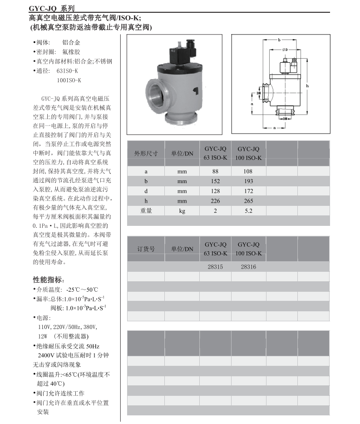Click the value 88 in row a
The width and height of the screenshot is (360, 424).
[x=216, y=172]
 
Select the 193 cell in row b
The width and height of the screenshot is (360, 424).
[x=248, y=181]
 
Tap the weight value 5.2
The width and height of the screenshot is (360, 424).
[x=248, y=211]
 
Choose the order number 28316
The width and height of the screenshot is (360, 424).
[x=248, y=267]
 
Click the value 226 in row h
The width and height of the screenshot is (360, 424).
[x=216, y=201]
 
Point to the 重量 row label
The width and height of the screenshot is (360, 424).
[x=146, y=211]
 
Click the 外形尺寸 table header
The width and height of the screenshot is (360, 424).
[x=146, y=154]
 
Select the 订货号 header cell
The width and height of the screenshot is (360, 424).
[x=146, y=249]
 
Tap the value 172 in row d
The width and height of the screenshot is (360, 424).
[x=248, y=191]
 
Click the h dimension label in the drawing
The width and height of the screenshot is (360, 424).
[x=307, y=86]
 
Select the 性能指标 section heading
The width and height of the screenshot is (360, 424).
[x=49, y=279]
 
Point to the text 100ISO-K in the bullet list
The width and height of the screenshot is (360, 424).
[x=69, y=80]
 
